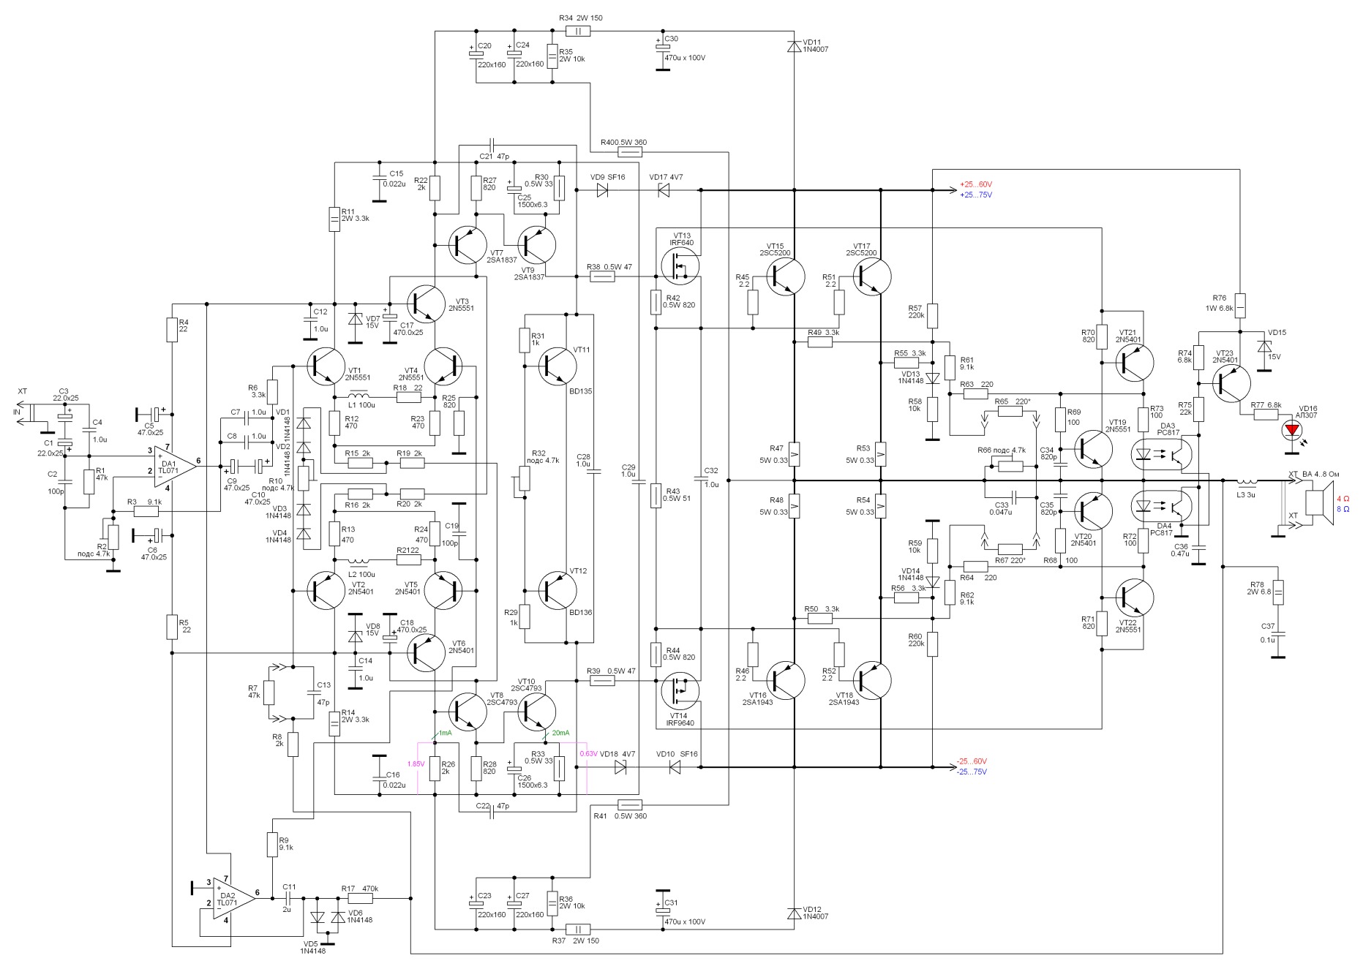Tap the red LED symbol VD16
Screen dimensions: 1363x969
pyautogui.click(x=1293, y=429)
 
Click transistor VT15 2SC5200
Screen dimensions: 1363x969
pyautogui.click(x=786, y=276)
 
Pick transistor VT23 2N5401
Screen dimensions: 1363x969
pyautogui.click(x=1232, y=382)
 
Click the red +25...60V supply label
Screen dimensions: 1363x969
pyautogui.click(x=976, y=184)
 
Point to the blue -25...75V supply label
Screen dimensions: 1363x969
pyautogui.click(x=972, y=772)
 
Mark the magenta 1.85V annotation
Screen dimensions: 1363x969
pyautogui.click(x=416, y=763)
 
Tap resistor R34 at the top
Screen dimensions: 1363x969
pyautogui.click(x=578, y=31)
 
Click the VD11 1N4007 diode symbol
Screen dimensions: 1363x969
pyautogui.click(x=794, y=46)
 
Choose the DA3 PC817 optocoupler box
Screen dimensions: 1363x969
pyautogui.click(x=1163, y=454)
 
